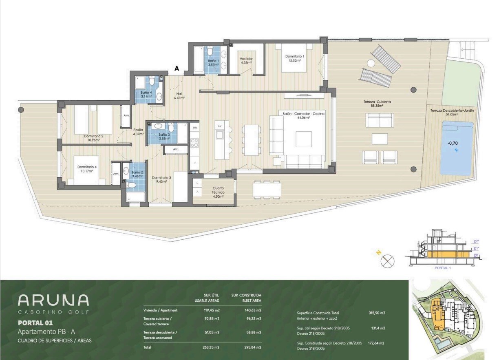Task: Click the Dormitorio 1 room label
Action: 294,58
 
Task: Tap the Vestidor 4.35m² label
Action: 246,61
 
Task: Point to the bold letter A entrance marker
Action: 177,68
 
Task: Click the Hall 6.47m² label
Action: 179,96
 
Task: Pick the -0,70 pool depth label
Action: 453,143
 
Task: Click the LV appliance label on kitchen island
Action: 220,126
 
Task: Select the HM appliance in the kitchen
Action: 195,128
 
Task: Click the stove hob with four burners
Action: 194,143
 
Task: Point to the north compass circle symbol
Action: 387,261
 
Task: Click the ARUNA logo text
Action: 53,300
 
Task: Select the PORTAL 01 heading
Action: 35,323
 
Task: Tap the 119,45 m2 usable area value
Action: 212,310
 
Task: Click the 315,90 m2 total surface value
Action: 377,313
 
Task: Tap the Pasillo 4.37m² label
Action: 138,132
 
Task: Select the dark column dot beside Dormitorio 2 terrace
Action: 21,110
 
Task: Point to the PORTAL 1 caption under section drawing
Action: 443,268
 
